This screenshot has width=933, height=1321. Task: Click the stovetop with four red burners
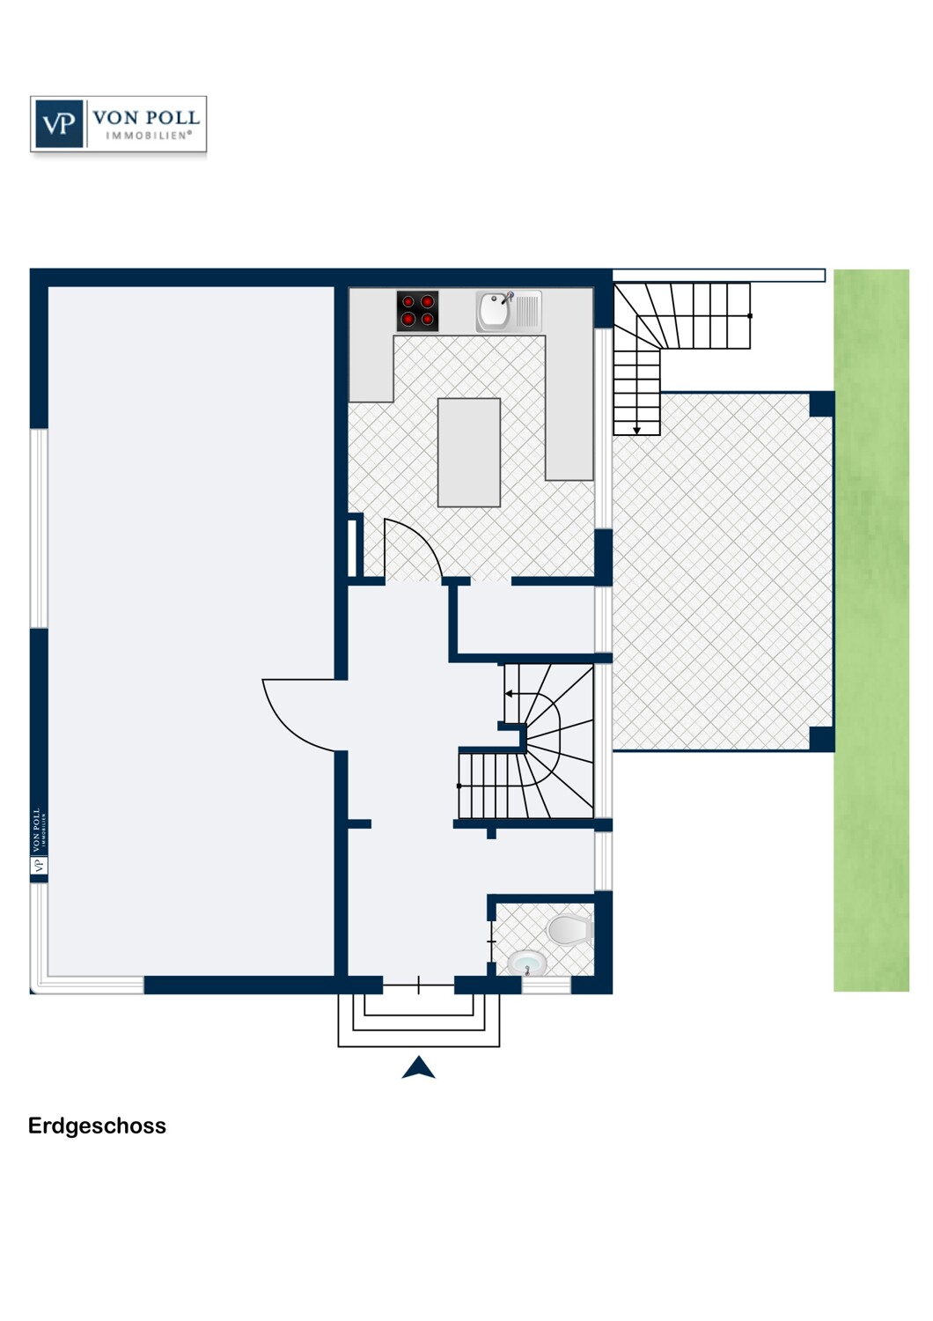click(416, 311)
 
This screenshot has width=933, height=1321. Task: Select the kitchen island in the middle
click(468, 453)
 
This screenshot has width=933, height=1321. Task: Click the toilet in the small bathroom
click(569, 929)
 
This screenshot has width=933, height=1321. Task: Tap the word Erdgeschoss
click(97, 1125)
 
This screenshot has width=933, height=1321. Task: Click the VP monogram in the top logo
click(59, 124)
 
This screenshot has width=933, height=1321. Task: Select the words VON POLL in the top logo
click(146, 117)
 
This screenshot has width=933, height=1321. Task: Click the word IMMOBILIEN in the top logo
click(149, 135)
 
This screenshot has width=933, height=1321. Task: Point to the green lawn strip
click(871, 631)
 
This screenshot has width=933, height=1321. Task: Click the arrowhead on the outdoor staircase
click(636, 431)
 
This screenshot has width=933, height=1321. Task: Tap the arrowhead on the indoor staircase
click(509, 694)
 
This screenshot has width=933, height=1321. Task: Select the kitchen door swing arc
click(422, 538)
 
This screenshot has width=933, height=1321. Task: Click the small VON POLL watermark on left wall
click(39, 841)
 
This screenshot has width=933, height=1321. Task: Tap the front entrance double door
click(418, 985)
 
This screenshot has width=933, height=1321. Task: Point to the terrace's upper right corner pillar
click(821, 404)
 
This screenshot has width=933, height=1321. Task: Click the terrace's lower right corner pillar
click(821, 739)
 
